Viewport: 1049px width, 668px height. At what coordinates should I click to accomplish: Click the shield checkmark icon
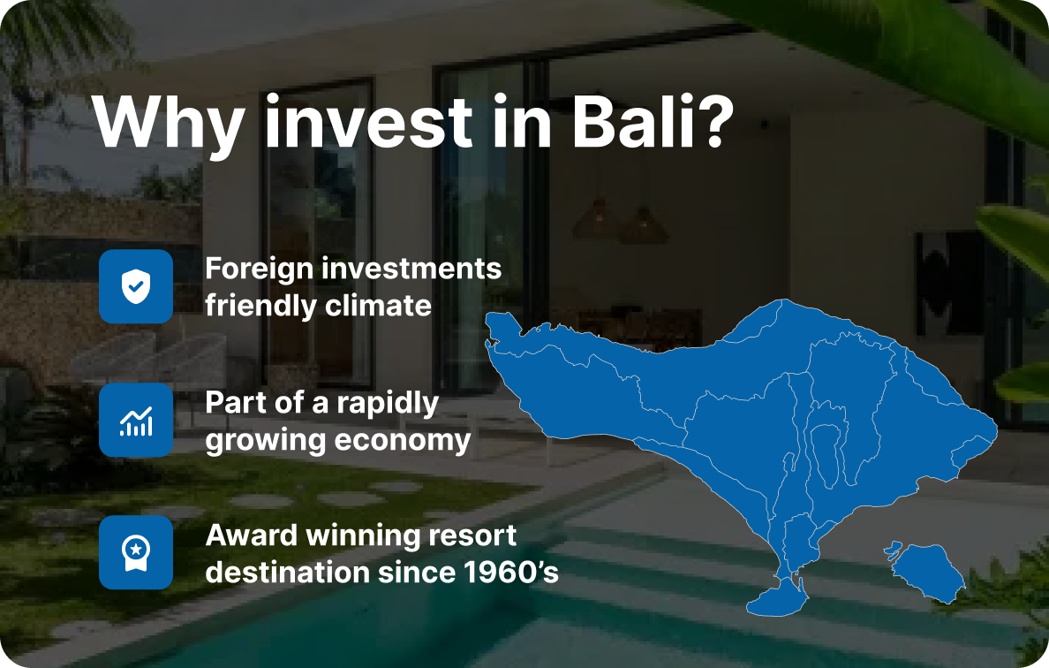pos(136,286)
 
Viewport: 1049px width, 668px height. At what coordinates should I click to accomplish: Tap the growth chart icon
pos(136,421)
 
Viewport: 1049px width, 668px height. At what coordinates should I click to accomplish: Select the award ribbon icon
pos(136,553)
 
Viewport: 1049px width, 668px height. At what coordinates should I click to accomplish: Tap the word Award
pos(250,535)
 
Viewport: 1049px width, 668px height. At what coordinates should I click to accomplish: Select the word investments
pos(411,269)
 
